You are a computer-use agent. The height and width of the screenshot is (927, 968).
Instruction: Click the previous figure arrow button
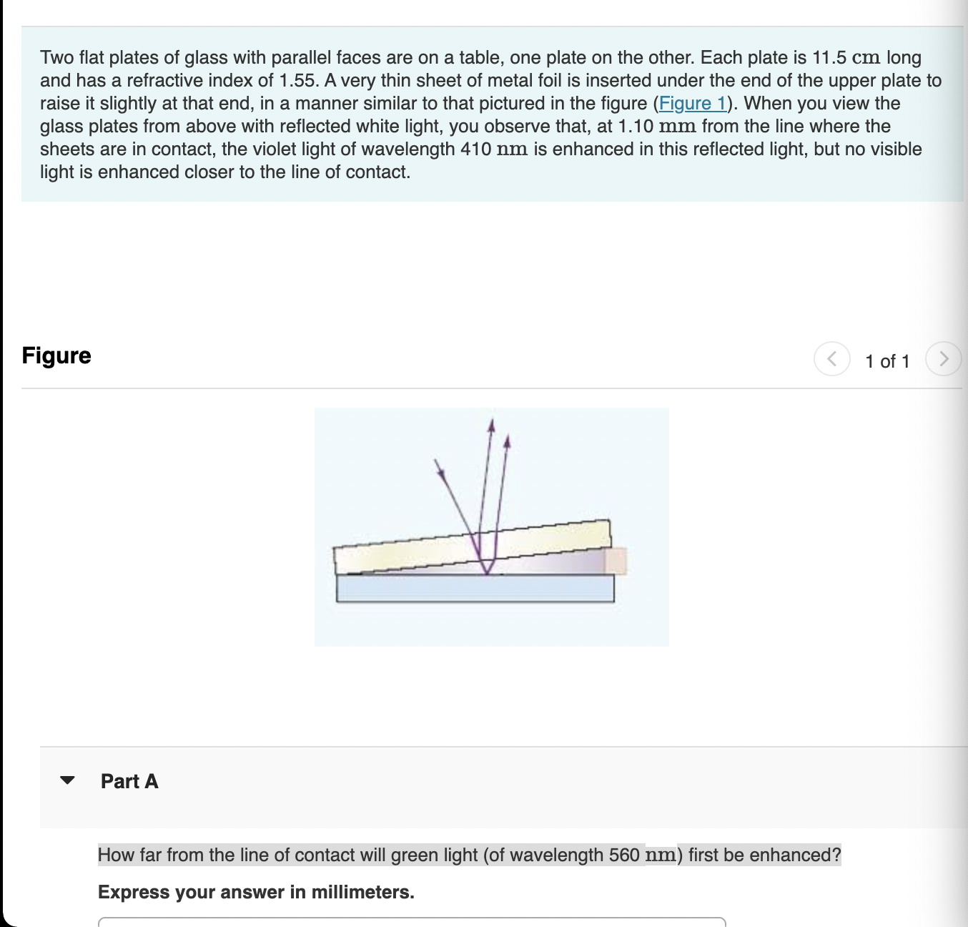pos(831,358)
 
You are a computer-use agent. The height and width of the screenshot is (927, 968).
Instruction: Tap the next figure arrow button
pos(943,358)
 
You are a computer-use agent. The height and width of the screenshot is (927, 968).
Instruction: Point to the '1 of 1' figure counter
pos(887,361)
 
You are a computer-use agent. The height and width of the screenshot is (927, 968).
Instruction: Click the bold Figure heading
pos(56,355)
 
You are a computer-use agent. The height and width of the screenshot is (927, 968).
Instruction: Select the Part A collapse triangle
pos(67,780)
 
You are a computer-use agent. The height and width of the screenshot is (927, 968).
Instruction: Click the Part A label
pos(129,781)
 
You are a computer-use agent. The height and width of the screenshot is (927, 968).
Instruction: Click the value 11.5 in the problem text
pos(829,58)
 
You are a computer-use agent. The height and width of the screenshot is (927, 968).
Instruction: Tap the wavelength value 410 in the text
pos(475,149)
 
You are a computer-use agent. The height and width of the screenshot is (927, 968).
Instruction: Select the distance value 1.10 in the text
pos(636,127)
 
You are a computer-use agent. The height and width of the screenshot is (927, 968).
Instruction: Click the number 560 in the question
pos(624,855)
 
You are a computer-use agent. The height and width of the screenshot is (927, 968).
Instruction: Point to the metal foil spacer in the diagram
pos(616,561)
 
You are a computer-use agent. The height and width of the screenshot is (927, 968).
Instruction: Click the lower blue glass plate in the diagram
pos(475,588)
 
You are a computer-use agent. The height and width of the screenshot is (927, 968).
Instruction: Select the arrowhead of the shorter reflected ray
pos(507,441)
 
